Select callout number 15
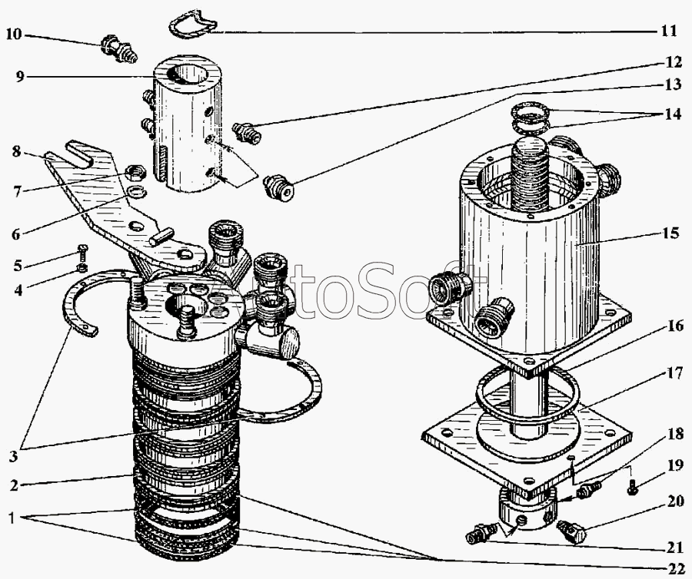[x=670, y=233]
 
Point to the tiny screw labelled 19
[x=632, y=487]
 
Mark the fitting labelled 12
[x=248, y=133]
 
